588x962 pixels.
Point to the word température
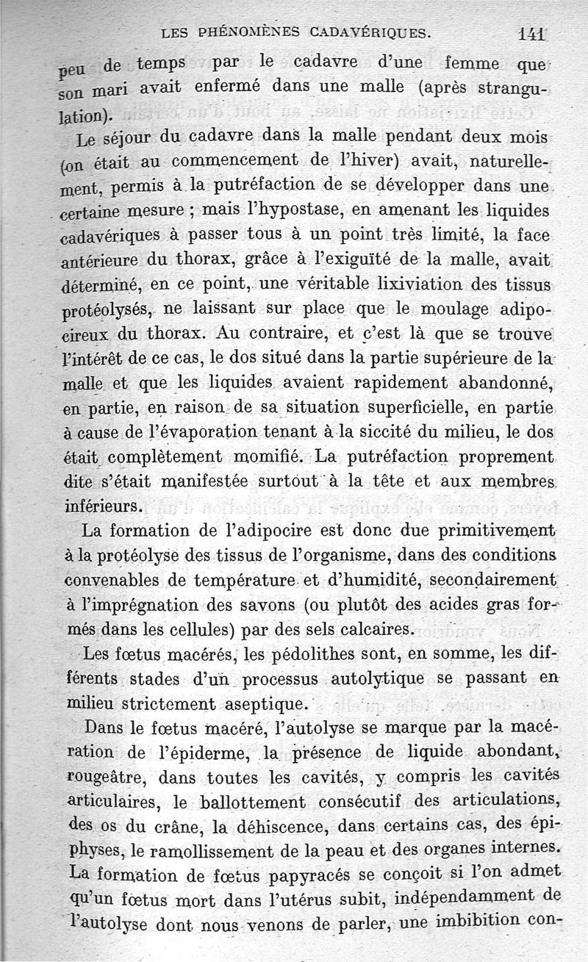242,582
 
